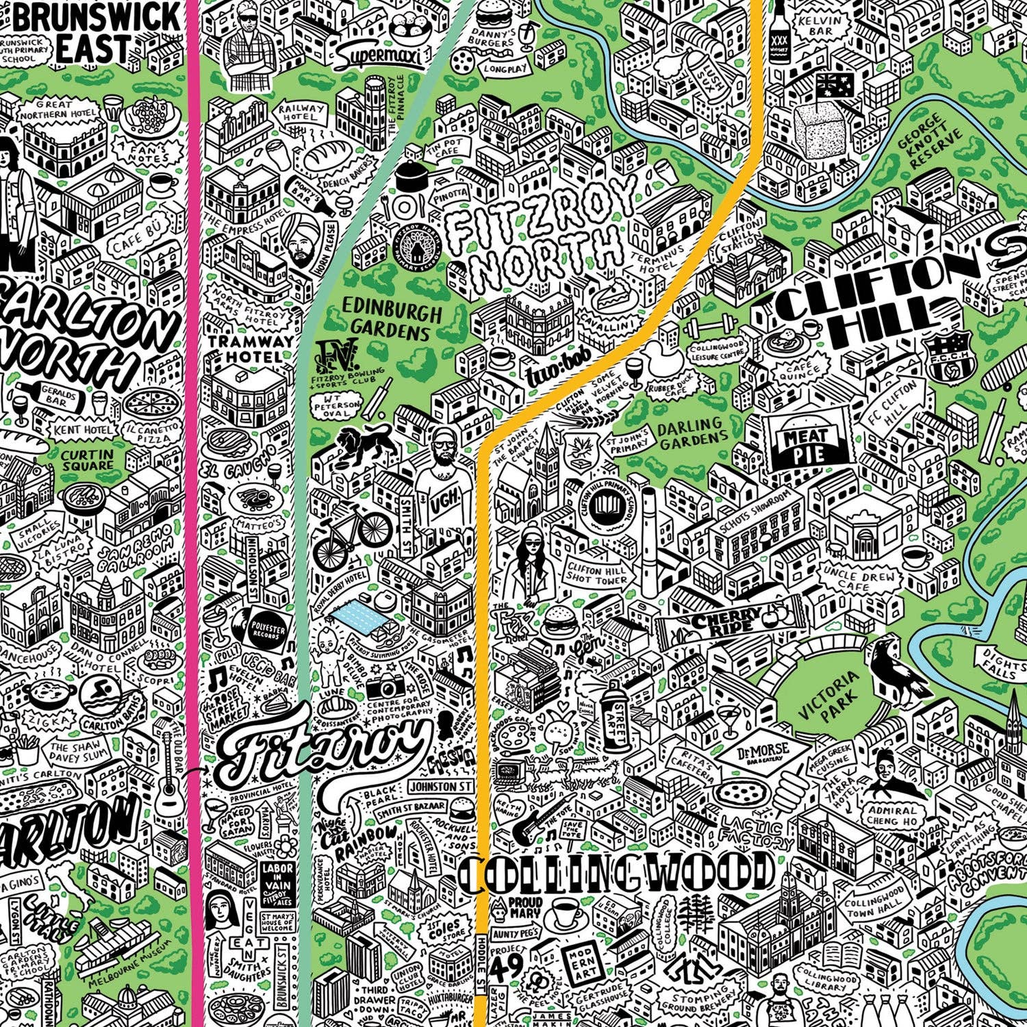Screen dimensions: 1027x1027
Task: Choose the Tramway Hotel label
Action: (245, 348)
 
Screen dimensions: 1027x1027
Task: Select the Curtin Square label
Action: (87, 459)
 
